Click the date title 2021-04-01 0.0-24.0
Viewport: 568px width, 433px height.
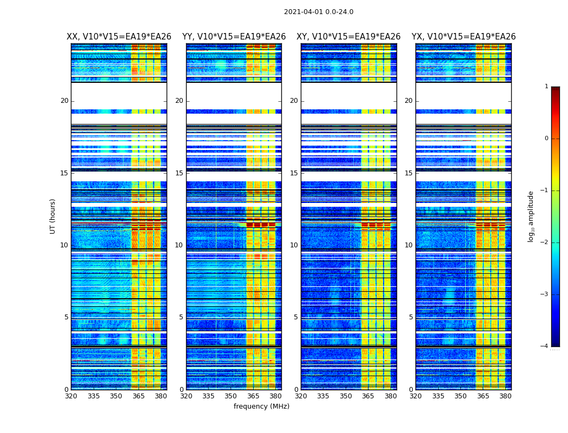[x=319, y=12]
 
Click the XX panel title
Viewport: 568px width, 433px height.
[x=119, y=37]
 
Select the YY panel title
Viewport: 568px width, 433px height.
[x=234, y=37]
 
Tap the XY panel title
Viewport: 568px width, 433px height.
[x=348, y=37]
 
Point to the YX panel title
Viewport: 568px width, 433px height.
[x=464, y=37]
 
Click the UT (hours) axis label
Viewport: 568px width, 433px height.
[x=53, y=216]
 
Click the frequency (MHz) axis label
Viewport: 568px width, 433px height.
[x=261, y=406]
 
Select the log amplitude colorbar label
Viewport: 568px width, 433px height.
[x=531, y=216]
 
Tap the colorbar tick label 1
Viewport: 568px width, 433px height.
[x=546, y=87]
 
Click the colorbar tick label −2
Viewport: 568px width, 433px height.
[x=545, y=242]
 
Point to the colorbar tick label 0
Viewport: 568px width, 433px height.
[x=546, y=139]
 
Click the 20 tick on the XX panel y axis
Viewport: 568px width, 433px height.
[x=64, y=101]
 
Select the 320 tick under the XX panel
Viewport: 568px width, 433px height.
[x=71, y=396]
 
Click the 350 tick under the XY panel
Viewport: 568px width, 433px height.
[x=346, y=396]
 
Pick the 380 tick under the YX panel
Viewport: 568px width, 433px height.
[x=505, y=396]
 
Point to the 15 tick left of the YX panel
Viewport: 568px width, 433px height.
[x=409, y=173]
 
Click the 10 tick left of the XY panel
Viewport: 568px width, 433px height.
[x=294, y=245]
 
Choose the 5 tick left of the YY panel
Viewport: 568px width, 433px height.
[x=181, y=317]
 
